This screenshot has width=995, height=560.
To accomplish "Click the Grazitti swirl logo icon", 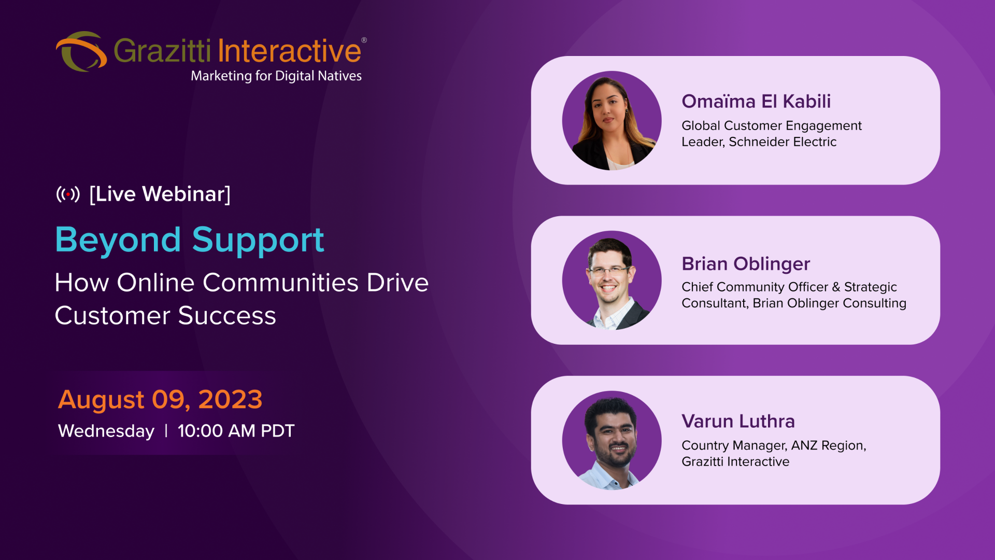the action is (x=81, y=51).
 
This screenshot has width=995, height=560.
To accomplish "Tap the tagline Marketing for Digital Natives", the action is (x=276, y=76).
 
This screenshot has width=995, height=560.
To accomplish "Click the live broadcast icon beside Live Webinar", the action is (x=68, y=194).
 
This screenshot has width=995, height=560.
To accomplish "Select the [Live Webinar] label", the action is (x=160, y=194).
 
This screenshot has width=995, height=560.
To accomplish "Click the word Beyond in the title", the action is (x=118, y=241).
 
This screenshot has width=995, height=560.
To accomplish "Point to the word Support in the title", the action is (x=258, y=241).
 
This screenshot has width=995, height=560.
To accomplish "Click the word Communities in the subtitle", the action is (x=280, y=283).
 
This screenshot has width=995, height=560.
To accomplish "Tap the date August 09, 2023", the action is (x=160, y=400).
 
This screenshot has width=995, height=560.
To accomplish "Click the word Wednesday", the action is (x=106, y=431).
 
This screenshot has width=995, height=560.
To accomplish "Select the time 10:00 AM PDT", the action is (x=236, y=431).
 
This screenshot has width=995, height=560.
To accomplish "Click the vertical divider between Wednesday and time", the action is (x=166, y=431).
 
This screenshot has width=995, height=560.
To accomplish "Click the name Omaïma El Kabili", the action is (x=756, y=101).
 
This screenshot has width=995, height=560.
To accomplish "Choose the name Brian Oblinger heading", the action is (x=746, y=264).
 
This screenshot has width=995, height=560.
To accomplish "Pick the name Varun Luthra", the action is (x=738, y=421).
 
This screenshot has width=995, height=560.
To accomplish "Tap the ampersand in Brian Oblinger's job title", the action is (x=836, y=287).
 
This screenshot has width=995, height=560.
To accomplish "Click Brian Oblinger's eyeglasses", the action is (x=608, y=271).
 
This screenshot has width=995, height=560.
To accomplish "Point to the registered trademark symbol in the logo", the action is (x=364, y=40).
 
